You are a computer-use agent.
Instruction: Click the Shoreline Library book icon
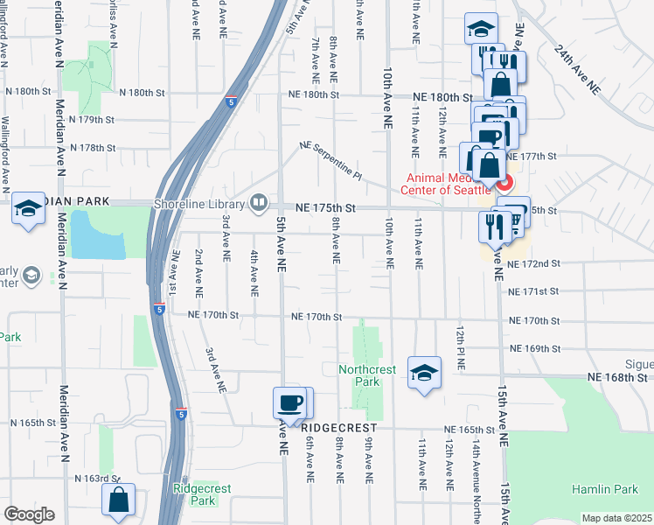pos(260,204)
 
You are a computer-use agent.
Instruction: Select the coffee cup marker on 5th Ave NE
pos(290,402)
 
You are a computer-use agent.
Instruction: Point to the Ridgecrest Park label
pos(194,494)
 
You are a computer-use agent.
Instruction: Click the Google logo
pos(29,514)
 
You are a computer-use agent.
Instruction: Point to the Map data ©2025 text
pos(616,518)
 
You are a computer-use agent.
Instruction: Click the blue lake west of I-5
pos(97,234)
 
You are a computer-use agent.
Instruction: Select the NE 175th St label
pos(325,208)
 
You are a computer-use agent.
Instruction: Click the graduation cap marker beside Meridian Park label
pos(29,208)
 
